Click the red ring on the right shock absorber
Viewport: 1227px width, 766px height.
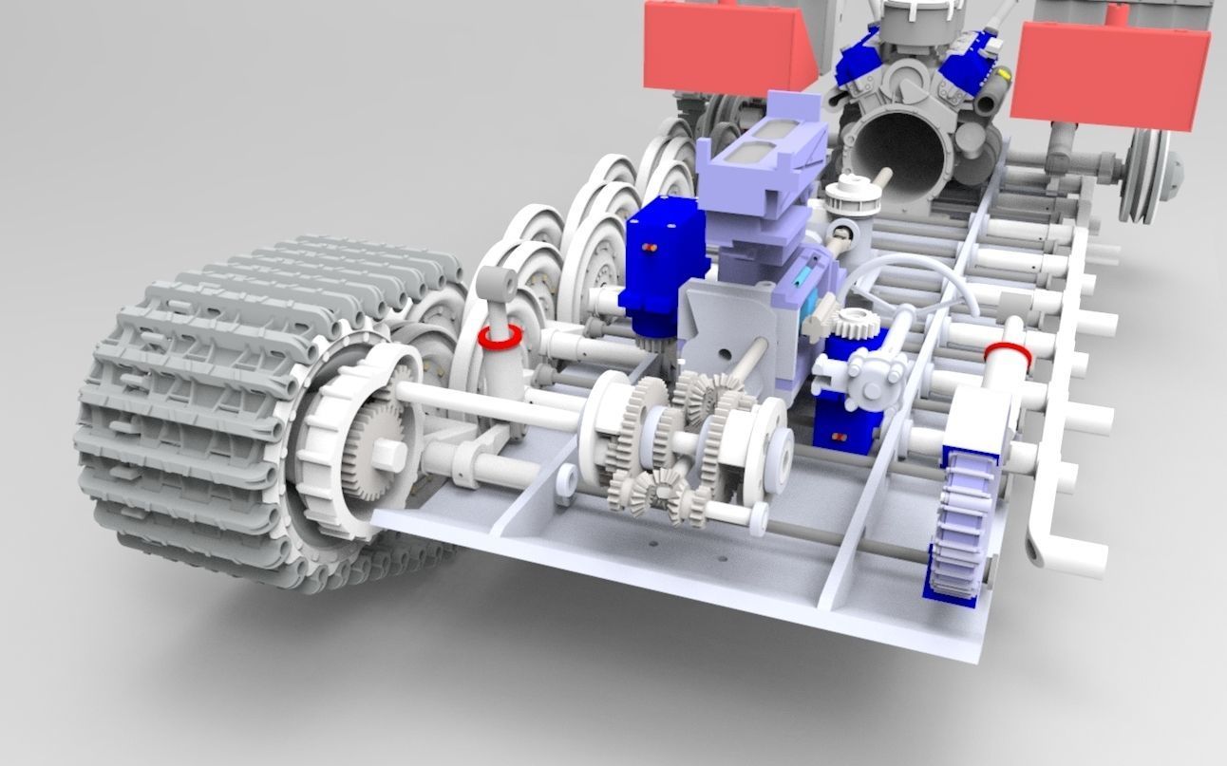1008,352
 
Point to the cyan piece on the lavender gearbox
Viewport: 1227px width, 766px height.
802,276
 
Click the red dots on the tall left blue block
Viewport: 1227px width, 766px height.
651,249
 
